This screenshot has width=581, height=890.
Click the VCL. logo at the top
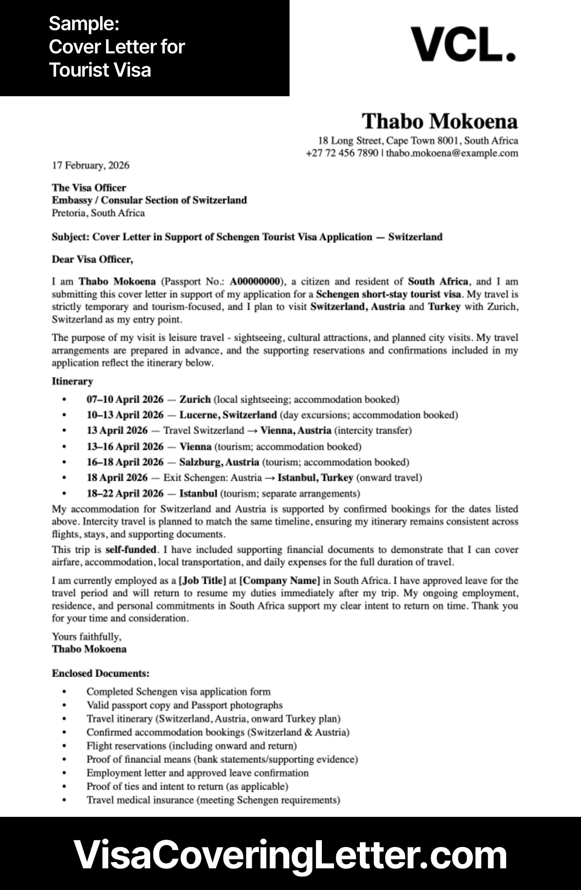pyautogui.click(x=463, y=44)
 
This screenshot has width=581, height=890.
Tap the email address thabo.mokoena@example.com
pyautogui.click(x=452, y=153)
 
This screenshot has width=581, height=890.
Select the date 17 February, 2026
pyautogui.click(x=91, y=166)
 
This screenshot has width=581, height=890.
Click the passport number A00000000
pyautogui.click(x=254, y=281)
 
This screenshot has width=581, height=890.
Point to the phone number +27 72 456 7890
pyautogui.click(x=342, y=153)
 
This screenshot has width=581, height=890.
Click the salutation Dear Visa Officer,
pyautogui.click(x=92, y=259)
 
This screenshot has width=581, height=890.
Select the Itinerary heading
pyautogui.click(x=72, y=382)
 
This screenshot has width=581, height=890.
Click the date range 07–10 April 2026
pyautogui.click(x=125, y=399)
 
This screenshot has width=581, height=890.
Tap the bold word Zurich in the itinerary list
pyautogui.click(x=195, y=399)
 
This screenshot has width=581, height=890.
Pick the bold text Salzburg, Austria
pyautogui.click(x=219, y=462)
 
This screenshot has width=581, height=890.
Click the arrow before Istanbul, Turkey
pyautogui.click(x=270, y=478)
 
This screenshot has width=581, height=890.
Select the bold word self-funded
pyautogui.click(x=131, y=549)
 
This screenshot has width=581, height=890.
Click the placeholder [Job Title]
pyautogui.click(x=202, y=580)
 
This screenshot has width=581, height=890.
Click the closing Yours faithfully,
pyautogui.click(x=86, y=637)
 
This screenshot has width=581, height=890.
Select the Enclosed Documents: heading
pyautogui.click(x=101, y=673)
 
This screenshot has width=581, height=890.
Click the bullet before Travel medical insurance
pyautogui.click(x=64, y=800)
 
